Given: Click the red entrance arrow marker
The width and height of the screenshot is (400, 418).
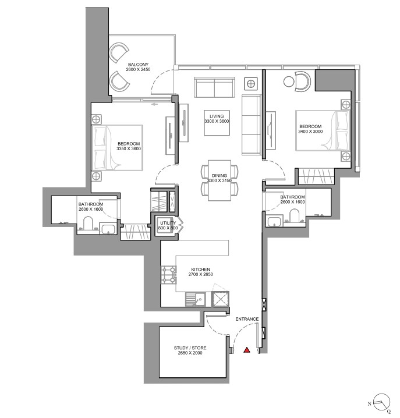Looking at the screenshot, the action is (x=247, y=350).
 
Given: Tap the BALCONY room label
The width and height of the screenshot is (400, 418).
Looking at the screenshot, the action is (x=138, y=65).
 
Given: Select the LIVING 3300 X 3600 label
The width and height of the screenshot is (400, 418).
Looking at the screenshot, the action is (x=217, y=119).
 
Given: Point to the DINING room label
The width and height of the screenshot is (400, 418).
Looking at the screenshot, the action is (x=220, y=175).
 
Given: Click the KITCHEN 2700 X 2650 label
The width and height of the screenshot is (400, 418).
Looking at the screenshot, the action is (x=200, y=272).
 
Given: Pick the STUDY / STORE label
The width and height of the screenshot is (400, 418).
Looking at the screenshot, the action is (x=190, y=348).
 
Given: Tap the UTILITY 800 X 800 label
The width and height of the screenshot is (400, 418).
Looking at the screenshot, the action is (x=168, y=225).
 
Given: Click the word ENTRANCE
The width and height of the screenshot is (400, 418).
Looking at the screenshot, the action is (x=247, y=319).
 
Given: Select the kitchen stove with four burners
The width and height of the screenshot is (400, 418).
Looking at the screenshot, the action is (x=168, y=275).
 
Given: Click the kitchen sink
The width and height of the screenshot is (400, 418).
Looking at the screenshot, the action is (x=196, y=299).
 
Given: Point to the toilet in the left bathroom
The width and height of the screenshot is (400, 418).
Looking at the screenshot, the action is (x=88, y=224).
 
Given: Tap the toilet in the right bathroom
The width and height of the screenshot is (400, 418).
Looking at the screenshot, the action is (x=295, y=215).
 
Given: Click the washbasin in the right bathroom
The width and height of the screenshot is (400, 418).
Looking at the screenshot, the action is (x=274, y=222).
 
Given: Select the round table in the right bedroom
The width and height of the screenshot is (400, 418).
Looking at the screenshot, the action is (x=289, y=82).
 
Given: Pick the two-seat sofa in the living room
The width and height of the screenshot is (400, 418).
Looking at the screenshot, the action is (x=214, y=87).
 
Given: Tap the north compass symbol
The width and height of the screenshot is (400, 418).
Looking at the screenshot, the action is (x=382, y=402).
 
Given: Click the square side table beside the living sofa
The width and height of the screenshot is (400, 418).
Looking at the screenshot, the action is (x=251, y=84).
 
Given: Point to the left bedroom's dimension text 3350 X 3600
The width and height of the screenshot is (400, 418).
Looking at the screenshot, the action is (x=129, y=148).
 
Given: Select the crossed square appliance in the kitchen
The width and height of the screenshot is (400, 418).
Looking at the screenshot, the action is (x=220, y=299).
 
